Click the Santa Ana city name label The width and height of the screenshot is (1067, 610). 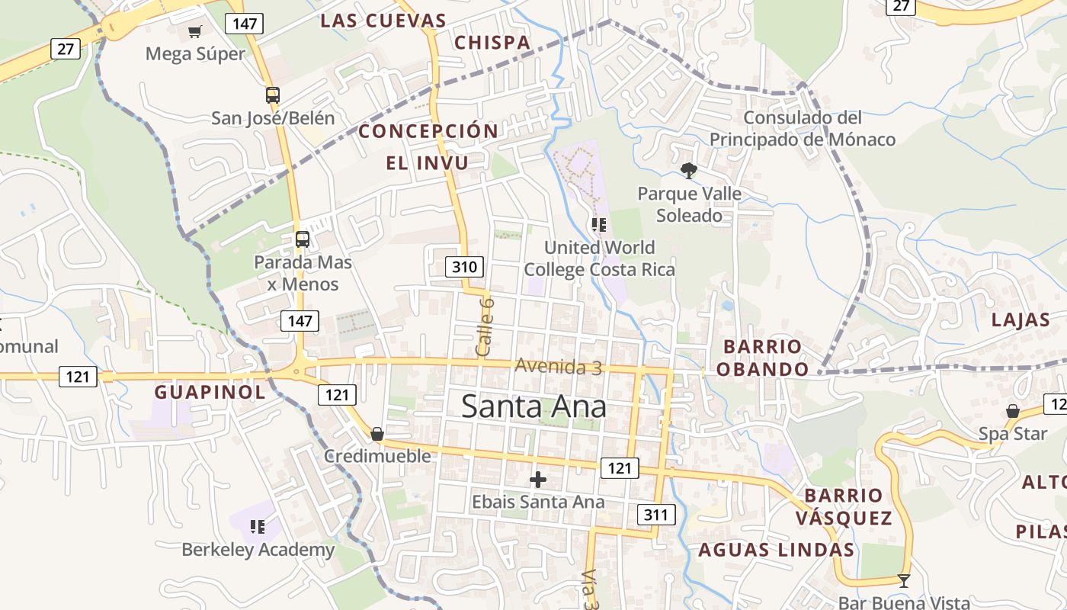coord(533,406)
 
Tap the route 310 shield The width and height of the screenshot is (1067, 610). coord(464,267)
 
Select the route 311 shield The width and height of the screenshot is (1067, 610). coord(655,515)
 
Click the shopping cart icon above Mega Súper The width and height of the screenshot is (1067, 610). coord(195,31)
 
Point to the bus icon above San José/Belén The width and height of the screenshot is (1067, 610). coord(272,95)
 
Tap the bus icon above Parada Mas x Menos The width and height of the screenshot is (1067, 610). coord(303,239)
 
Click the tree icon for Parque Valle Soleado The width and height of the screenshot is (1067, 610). coord(689,170)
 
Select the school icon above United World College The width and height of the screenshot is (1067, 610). coord(599,224)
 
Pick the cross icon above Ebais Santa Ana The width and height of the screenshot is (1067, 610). coord(538,480)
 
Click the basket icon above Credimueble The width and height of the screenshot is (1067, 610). coord(377,434)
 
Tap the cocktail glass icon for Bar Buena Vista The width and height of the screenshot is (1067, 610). coord(904,581)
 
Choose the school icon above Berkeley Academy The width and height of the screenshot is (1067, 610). coord(258,526)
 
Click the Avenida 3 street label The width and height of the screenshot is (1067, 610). coord(558,367)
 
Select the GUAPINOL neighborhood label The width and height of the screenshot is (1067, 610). coord(210,393)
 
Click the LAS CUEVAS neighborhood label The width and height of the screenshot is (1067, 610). coord(383,21)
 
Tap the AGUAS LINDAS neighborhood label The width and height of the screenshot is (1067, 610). coord(776,550)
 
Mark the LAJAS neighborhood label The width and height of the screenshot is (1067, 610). coord(1021,320)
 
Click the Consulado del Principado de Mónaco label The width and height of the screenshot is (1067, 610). coord(803,129)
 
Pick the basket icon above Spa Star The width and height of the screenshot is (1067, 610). coord(1012,412)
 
